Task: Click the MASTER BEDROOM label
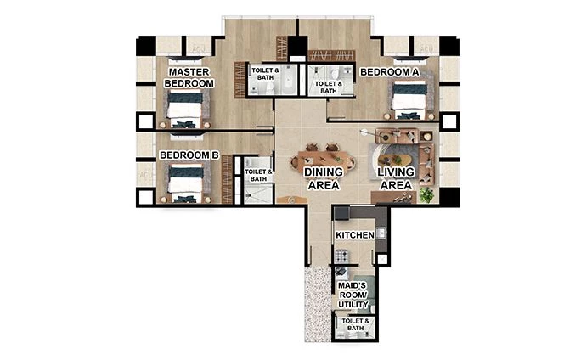point(189,77)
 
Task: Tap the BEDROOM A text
point(390,72)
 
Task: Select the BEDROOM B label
point(190,155)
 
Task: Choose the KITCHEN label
point(355,234)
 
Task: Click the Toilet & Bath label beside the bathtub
point(265,75)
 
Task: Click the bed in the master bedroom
point(184,110)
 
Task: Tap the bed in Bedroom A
point(409,101)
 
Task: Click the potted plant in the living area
point(426,194)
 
